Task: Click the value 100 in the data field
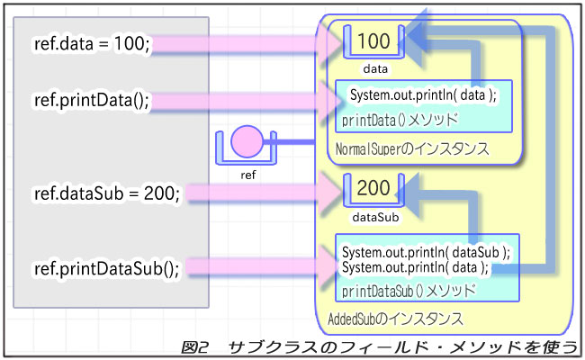(374, 41)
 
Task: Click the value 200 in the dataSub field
(374, 188)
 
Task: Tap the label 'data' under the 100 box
(375, 67)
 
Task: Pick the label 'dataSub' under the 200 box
(374, 216)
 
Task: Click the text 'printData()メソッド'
(400, 118)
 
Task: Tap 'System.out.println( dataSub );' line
(426, 254)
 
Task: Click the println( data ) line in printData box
(422, 95)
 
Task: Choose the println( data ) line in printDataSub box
(415, 268)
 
